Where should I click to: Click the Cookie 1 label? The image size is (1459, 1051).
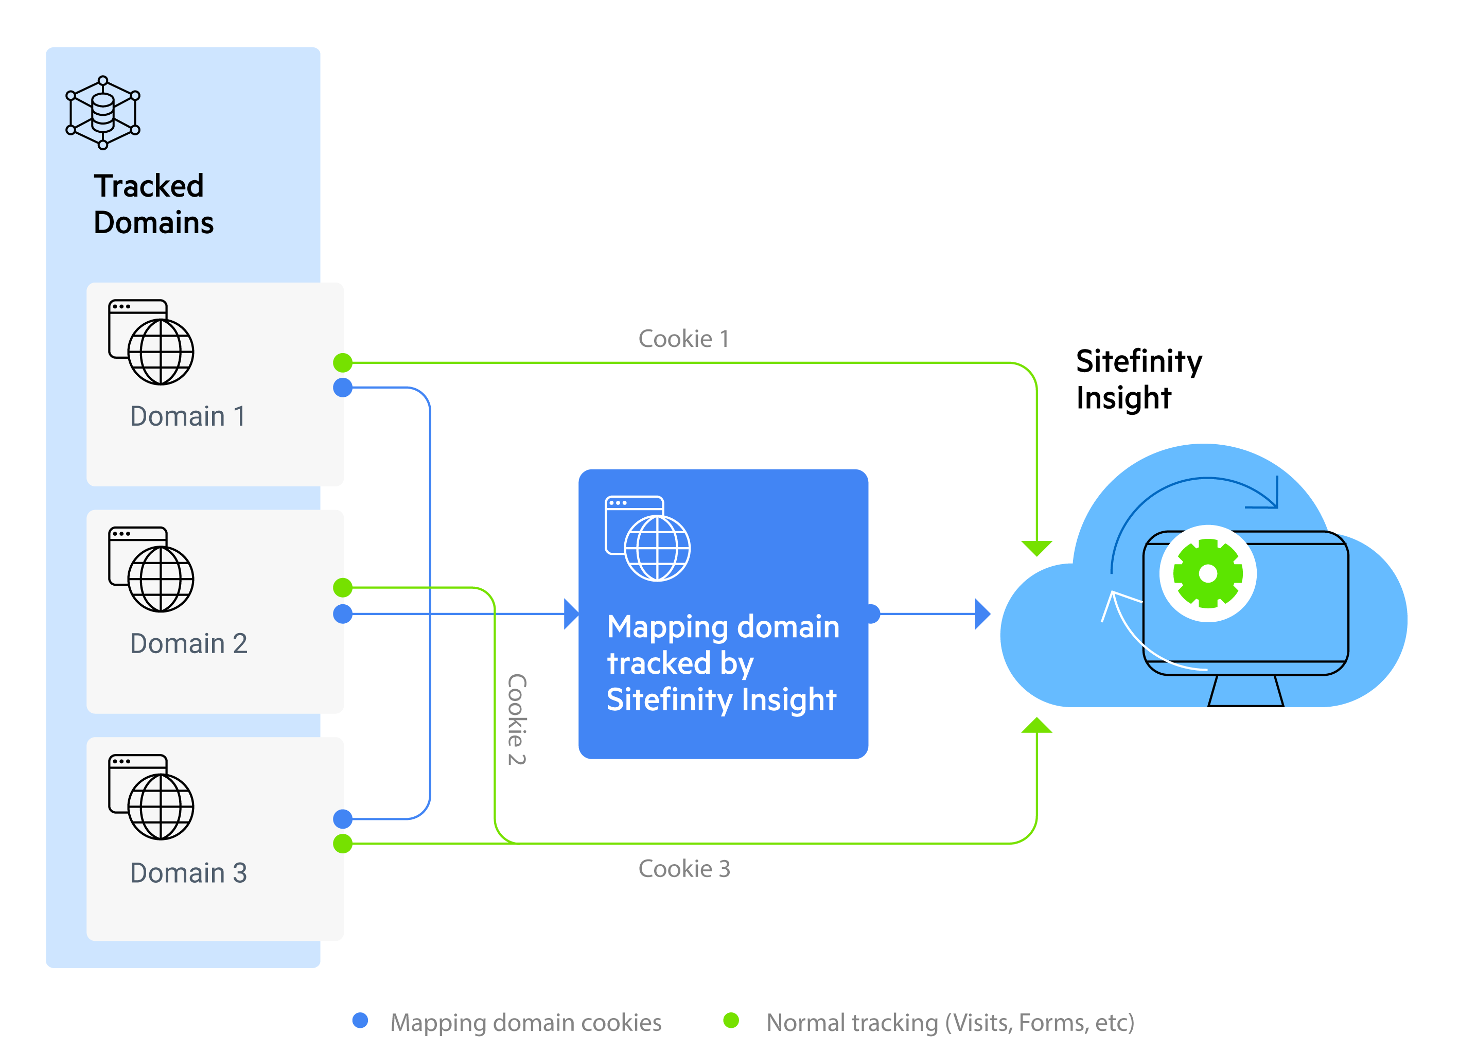(x=683, y=339)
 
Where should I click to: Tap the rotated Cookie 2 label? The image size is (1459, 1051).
(x=517, y=719)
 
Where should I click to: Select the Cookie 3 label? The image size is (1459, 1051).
(x=684, y=869)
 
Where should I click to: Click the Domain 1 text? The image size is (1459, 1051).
(x=187, y=416)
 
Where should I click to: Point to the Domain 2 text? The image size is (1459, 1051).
(x=188, y=643)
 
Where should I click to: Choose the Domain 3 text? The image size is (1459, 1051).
(x=188, y=873)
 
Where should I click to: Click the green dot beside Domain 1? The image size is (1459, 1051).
(x=343, y=363)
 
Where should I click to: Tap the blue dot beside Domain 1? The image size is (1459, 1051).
(x=343, y=388)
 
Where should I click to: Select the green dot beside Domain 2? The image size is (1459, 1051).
(x=343, y=587)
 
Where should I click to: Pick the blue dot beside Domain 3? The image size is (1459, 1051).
(x=343, y=819)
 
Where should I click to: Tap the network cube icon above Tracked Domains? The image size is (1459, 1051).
(x=103, y=113)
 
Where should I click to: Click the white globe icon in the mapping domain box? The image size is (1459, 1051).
(x=648, y=539)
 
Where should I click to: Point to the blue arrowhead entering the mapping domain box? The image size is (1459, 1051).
(x=571, y=614)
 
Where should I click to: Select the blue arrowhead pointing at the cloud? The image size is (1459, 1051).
(x=982, y=614)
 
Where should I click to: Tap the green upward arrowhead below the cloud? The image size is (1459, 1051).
(x=1036, y=726)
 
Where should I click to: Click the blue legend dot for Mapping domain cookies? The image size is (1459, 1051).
(x=360, y=1020)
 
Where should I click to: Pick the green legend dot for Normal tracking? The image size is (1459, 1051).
(x=731, y=1020)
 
